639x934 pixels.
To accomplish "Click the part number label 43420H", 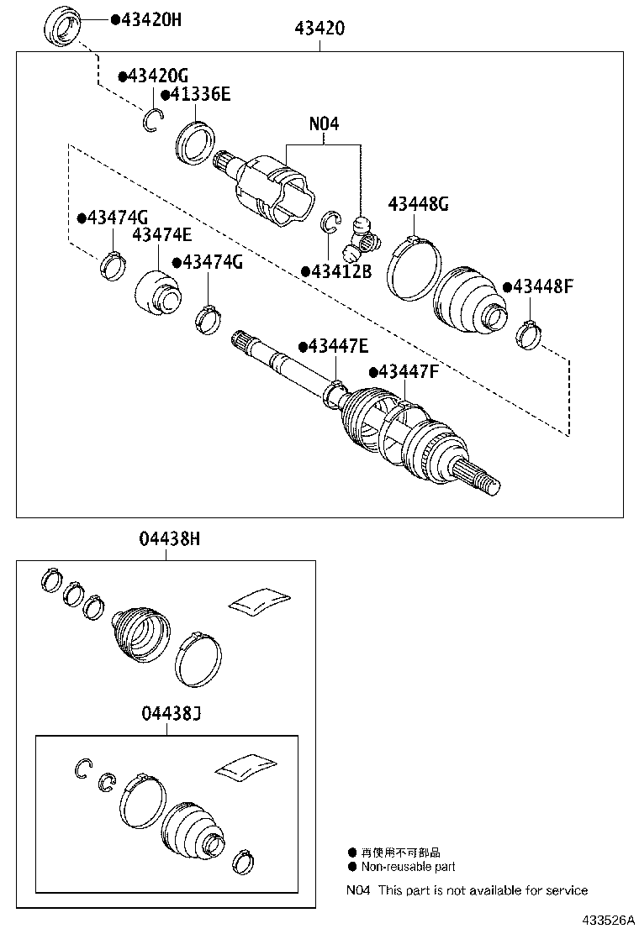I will pyautogui.click(x=151, y=19).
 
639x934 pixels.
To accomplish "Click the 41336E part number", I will pyautogui.click(x=199, y=95).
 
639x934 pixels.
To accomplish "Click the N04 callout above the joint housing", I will pyautogui.click(x=324, y=123).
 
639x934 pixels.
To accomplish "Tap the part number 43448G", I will pyautogui.click(x=418, y=204).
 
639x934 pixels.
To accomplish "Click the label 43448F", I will pyautogui.click(x=542, y=286).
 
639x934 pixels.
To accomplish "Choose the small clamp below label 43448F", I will pyautogui.click(x=527, y=335).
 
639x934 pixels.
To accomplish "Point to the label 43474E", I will pyautogui.click(x=161, y=236).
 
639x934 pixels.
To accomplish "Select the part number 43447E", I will pyautogui.click(x=339, y=346).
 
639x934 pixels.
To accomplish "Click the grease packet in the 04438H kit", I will pyautogui.click(x=260, y=597).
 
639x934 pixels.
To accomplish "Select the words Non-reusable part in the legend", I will pyautogui.click(x=408, y=867).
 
